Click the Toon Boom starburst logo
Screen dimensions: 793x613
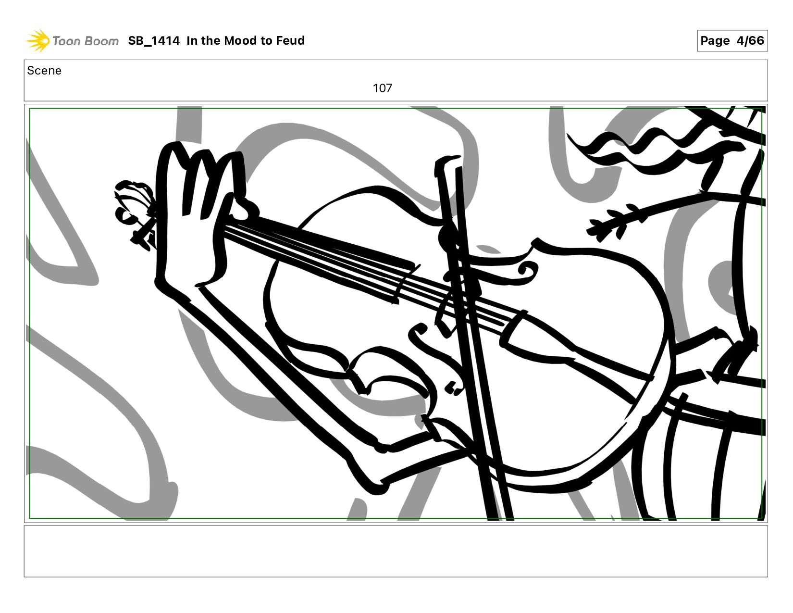(x=38, y=40)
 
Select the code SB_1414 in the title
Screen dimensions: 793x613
(x=154, y=40)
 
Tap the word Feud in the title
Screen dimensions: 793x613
(x=290, y=40)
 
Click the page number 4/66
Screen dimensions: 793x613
(x=750, y=40)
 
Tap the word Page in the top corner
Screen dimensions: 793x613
(x=715, y=41)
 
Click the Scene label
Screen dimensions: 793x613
(x=44, y=71)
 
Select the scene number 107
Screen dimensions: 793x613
(x=383, y=88)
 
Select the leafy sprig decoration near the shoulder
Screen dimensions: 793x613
(x=617, y=221)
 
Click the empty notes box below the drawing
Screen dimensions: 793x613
(x=396, y=551)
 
